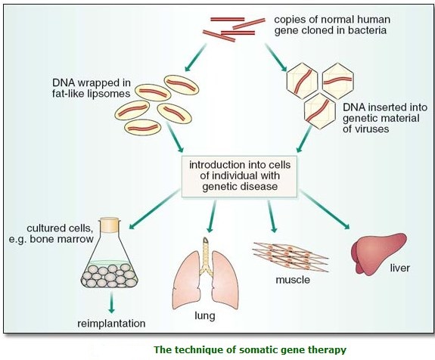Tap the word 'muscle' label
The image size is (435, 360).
(293, 280)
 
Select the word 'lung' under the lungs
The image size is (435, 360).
(205, 316)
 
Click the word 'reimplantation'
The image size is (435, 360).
(111, 324)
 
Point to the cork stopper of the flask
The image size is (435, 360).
(110, 225)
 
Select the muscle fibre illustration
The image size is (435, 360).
(291, 256)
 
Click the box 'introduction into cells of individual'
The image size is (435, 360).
(239, 176)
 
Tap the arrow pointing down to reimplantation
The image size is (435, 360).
(111, 303)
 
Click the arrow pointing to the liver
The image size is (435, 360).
(325, 209)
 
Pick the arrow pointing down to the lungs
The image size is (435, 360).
(212, 216)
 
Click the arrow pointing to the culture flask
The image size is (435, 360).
(154, 209)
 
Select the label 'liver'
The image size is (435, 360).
(399, 268)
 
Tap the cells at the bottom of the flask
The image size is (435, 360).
(109, 275)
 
